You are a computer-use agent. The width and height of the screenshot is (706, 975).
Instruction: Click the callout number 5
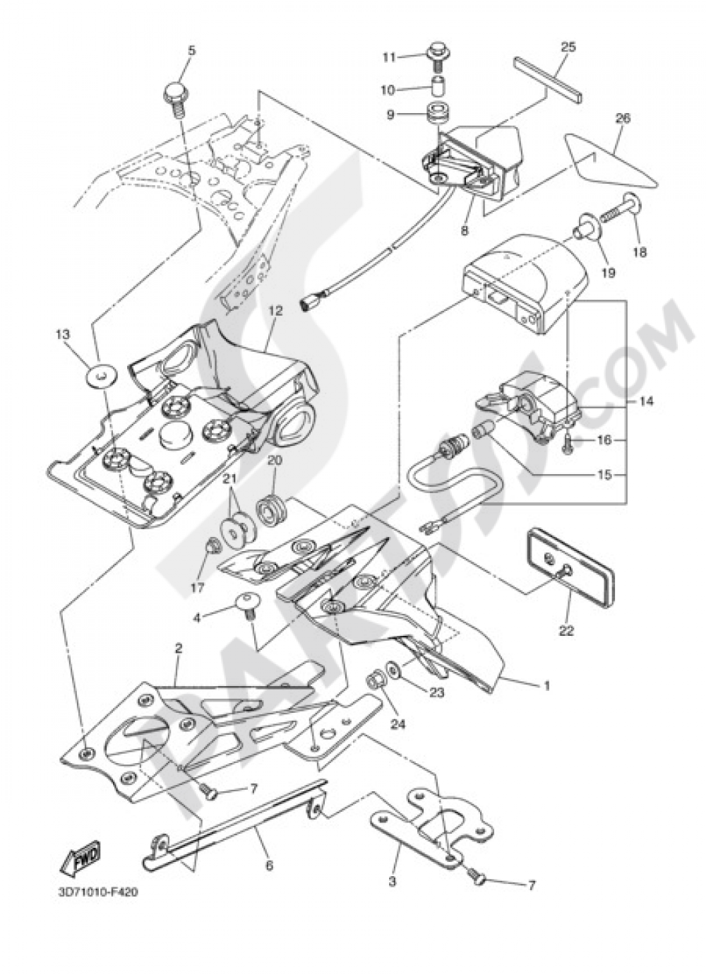[191, 51]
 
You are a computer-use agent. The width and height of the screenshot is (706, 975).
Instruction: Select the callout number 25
[570, 47]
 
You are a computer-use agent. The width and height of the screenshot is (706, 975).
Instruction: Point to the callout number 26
[623, 119]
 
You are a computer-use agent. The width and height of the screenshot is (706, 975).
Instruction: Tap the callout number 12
[276, 311]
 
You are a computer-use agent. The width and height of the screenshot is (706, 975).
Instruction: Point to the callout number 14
[647, 401]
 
